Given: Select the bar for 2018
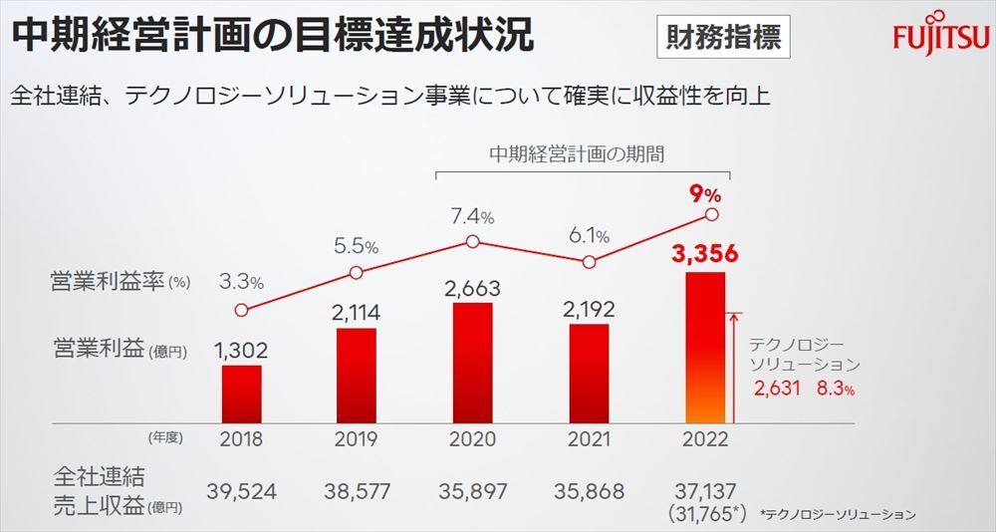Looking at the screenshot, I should click(x=242, y=396).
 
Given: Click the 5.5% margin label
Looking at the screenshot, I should click(x=357, y=245).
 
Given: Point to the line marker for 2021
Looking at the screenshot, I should click(x=590, y=262).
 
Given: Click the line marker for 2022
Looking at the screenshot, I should click(x=711, y=213).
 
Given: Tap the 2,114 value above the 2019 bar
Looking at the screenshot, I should click(x=356, y=314).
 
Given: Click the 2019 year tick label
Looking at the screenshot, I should click(x=357, y=439).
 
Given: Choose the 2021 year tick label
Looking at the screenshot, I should click(x=589, y=439).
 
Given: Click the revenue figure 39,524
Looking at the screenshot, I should click(x=242, y=490).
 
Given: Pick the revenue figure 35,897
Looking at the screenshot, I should click(x=472, y=490).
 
